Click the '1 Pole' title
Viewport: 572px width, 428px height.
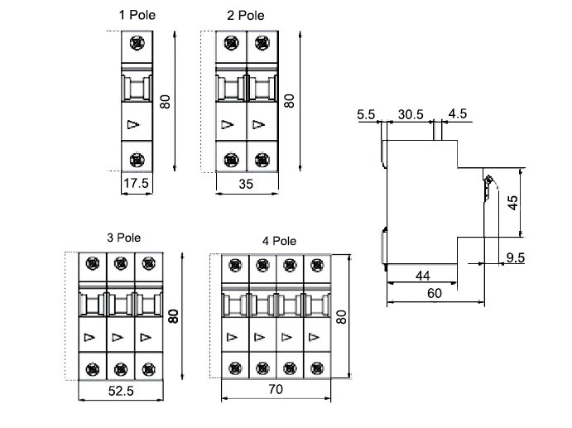tap(137, 15)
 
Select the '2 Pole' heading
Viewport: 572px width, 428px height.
tap(246, 15)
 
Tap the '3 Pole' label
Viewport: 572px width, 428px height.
tap(124, 237)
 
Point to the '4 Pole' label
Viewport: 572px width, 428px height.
tap(279, 241)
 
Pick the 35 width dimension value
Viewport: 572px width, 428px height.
tap(246, 185)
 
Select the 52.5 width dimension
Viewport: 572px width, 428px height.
tap(121, 391)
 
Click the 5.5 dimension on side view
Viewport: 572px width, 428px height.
tap(367, 113)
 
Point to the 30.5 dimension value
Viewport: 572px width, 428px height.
tap(411, 113)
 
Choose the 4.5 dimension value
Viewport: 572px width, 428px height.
tap(458, 113)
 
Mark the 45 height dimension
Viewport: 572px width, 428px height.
tap(513, 203)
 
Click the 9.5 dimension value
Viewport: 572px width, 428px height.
tap(516, 258)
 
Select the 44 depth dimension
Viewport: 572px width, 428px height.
tap(421, 275)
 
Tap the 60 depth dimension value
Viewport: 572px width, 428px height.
tap(435, 292)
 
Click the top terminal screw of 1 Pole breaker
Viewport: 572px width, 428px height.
tap(136, 43)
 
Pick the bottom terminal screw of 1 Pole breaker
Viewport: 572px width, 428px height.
tap(136, 157)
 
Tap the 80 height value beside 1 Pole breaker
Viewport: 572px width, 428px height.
tap(165, 102)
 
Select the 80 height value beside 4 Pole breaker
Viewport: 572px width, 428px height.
tap(340, 317)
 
